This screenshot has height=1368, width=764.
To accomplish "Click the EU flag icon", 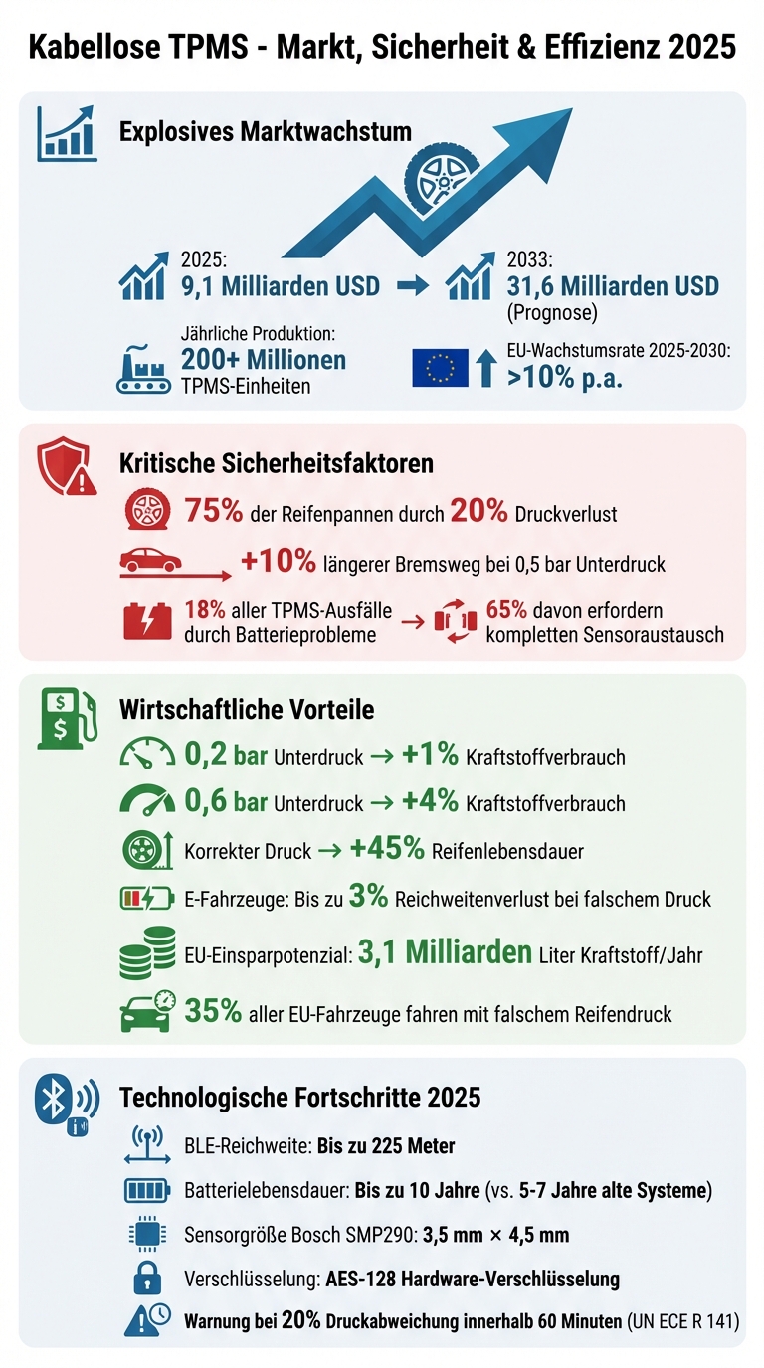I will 440,368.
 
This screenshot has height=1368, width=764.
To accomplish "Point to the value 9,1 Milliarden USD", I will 280,286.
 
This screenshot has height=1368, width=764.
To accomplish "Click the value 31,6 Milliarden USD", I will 611,286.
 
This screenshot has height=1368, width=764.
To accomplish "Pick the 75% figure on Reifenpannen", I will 214,511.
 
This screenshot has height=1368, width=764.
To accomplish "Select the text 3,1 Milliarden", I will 444,952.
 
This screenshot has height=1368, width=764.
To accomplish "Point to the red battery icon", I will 147,621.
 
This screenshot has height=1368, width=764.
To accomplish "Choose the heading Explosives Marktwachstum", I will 265,132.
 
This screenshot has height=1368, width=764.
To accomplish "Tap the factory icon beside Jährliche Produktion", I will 144,369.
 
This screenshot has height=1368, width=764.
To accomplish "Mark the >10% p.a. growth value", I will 565,378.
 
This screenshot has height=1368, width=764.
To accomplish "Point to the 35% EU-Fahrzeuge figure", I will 214,1012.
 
